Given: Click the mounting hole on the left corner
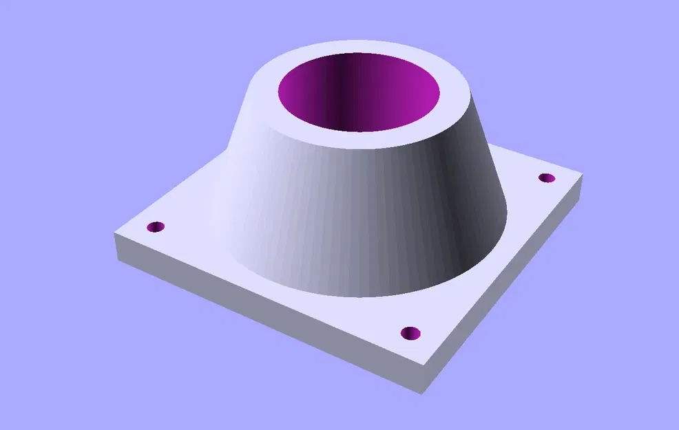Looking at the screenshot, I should (156, 227).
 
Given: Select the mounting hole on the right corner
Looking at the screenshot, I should (546, 178).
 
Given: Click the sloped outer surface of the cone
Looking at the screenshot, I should (331, 206).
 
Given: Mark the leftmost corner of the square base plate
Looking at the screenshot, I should (114, 234).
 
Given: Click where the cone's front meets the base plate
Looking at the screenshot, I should (358, 296).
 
